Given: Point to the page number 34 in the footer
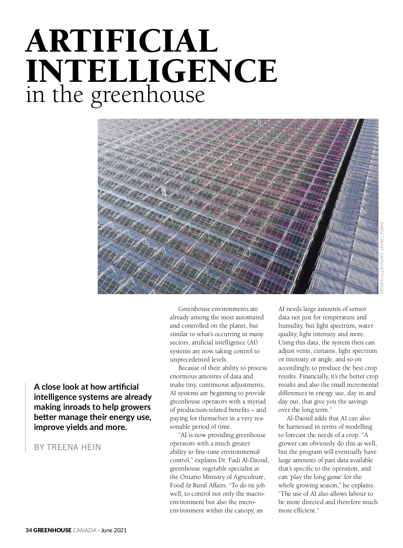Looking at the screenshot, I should (x=29, y=530).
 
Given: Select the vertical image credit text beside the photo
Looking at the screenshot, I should (x=381, y=257).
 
